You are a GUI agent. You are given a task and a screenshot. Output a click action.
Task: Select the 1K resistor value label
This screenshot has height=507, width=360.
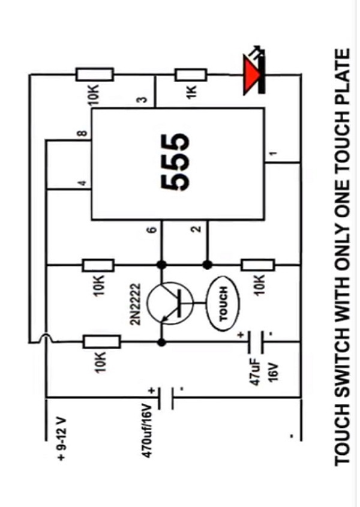tap(192, 95)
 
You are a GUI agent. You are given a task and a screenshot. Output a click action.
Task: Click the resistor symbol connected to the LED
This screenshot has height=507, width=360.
tap(191, 74)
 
